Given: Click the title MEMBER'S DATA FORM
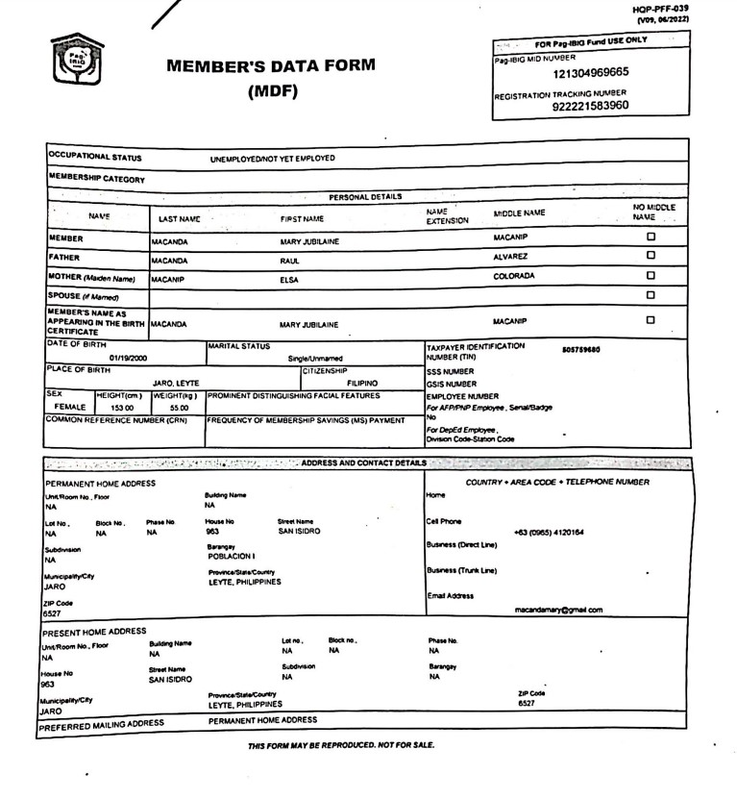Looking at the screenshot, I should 271,67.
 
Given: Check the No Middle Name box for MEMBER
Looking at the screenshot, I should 651,237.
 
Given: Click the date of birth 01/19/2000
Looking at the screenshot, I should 129,358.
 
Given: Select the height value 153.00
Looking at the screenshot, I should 121,408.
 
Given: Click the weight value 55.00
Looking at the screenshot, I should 167,408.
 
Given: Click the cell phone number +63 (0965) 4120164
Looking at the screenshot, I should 549,532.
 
